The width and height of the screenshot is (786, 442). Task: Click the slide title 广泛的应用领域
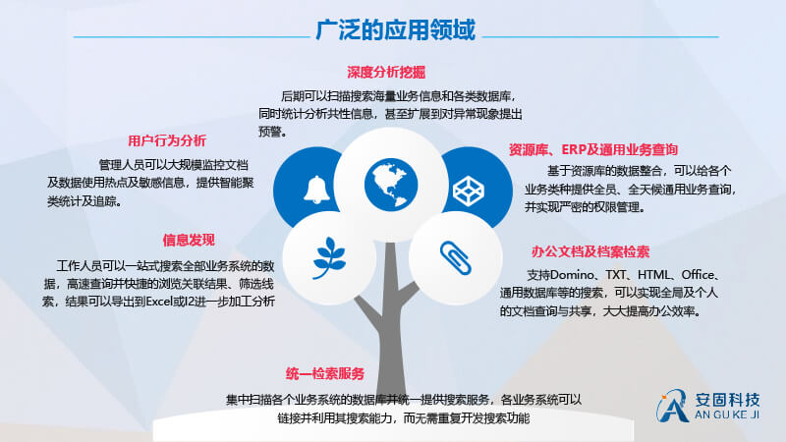[396, 30]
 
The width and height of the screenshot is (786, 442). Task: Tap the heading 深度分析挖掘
[386, 73]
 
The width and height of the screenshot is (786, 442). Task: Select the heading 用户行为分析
[167, 140]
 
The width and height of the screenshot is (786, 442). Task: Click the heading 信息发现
[189, 240]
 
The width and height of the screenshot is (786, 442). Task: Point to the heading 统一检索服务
[325, 373]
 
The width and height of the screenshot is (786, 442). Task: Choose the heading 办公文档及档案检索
[590, 251]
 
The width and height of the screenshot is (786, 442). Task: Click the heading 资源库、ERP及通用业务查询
[593, 149]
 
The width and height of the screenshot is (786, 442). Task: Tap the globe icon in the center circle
[391, 184]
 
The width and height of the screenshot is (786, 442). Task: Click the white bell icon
[316, 190]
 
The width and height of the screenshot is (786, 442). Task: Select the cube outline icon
[469, 191]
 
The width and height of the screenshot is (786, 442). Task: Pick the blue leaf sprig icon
[329, 258]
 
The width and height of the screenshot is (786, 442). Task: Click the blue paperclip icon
[455, 258]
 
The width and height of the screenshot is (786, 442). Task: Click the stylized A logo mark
[673, 406]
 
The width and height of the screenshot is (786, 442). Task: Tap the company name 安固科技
[727, 400]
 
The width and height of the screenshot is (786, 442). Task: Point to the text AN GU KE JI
[727, 414]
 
